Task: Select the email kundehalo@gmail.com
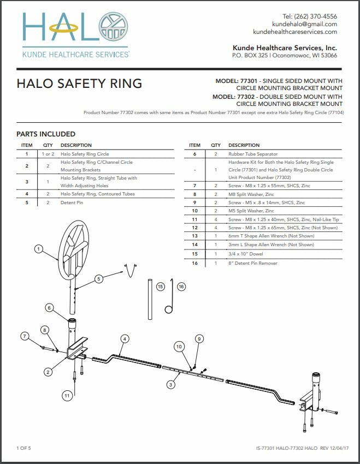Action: [304, 24]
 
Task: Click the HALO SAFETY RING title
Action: [79, 84]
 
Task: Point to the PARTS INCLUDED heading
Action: [46, 134]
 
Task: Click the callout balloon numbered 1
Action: [38, 249]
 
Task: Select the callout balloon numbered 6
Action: [49, 308]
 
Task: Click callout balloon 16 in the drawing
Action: [181, 286]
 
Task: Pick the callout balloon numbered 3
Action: [171, 385]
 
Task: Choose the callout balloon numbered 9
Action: [199, 338]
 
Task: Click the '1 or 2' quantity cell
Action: [48, 154]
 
